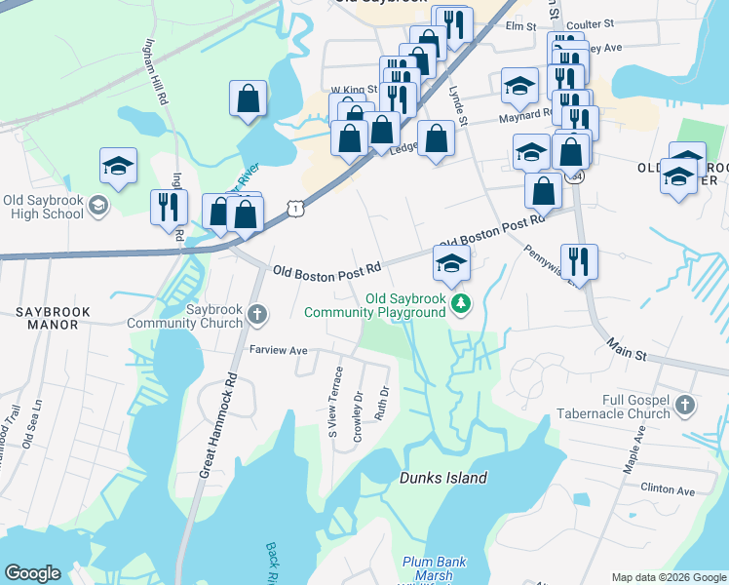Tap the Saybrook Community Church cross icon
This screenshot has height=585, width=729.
click(256, 313)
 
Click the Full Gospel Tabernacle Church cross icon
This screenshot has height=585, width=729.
click(685, 404)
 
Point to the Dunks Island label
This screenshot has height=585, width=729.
click(443, 478)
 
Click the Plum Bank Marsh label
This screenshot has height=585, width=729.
click(435, 568)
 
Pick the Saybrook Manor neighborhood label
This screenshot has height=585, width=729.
click(52, 318)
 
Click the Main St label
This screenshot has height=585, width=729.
click(627, 348)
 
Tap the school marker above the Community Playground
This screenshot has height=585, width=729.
click(451, 263)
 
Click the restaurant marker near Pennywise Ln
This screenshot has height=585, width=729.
click(579, 261)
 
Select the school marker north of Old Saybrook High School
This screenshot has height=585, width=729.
click(118, 166)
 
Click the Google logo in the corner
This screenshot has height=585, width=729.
click(32, 573)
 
